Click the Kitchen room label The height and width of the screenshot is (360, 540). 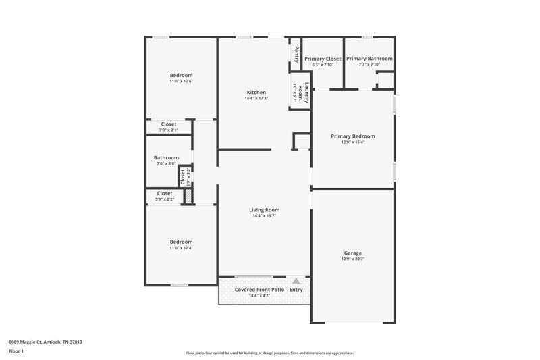(256, 93)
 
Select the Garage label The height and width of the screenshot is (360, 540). (353, 253)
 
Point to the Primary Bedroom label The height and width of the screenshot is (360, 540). (352, 136)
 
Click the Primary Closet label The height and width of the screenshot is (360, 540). (323, 59)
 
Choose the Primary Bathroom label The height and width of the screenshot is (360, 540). (369, 59)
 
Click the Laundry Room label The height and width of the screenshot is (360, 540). (306, 93)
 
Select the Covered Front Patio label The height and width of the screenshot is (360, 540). (258, 290)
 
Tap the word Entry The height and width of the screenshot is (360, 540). (296, 290)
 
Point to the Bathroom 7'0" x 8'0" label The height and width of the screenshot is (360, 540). (166, 158)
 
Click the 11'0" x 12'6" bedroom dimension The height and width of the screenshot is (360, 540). (181, 81)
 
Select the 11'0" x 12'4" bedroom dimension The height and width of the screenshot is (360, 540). (181, 248)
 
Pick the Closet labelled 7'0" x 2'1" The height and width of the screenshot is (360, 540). (169, 124)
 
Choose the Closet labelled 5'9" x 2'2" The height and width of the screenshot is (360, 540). (165, 194)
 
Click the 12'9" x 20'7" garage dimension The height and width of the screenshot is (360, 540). (353, 259)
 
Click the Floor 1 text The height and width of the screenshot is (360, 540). (17, 351)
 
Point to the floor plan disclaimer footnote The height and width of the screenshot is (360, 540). (269, 353)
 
